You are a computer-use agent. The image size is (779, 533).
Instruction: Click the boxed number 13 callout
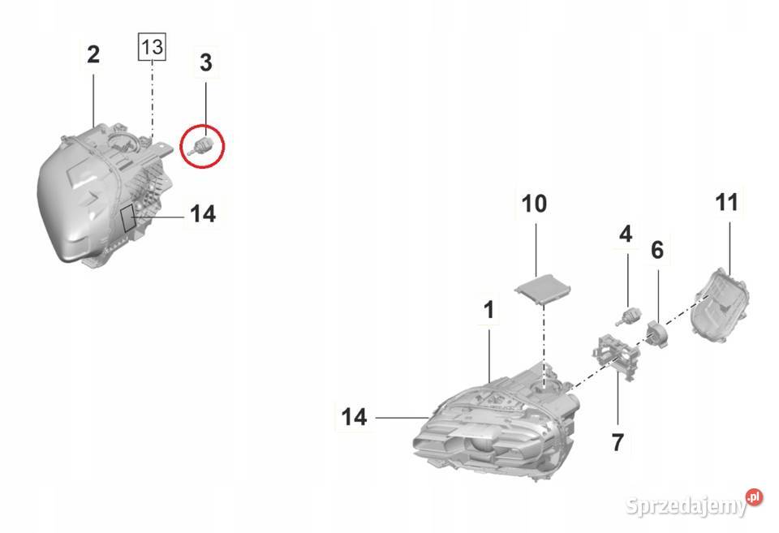[x=152, y=47]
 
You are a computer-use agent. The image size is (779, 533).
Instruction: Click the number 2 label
[x=93, y=54]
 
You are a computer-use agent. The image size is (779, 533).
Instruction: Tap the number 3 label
[x=205, y=63]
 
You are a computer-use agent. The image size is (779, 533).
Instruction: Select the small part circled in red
[x=203, y=145]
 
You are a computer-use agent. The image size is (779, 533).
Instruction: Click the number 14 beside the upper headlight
[x=203, y=214]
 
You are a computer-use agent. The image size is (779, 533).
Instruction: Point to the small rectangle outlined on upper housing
[x=129, y=217]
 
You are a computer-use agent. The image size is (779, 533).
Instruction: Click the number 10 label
[x=534, y=204]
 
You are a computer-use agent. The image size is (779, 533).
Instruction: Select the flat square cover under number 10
[x=543, y=288]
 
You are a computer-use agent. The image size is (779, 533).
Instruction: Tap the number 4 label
[x=626, y=234]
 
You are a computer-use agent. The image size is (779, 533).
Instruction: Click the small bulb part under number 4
[x=628, y=316]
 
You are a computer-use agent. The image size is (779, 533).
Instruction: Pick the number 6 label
[x=656, y=250]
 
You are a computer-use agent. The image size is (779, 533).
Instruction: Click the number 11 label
[x=726, y=203]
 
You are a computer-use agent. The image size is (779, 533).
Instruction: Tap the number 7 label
[x=617, y=442]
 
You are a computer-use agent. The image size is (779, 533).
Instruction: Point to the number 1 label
[x=488, y=310]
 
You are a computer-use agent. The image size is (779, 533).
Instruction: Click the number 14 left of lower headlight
[x=354, y=417]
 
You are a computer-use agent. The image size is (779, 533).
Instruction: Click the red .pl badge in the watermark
[x=754, y=496]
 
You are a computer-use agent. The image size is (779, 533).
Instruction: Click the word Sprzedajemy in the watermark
[x=686, y=506]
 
